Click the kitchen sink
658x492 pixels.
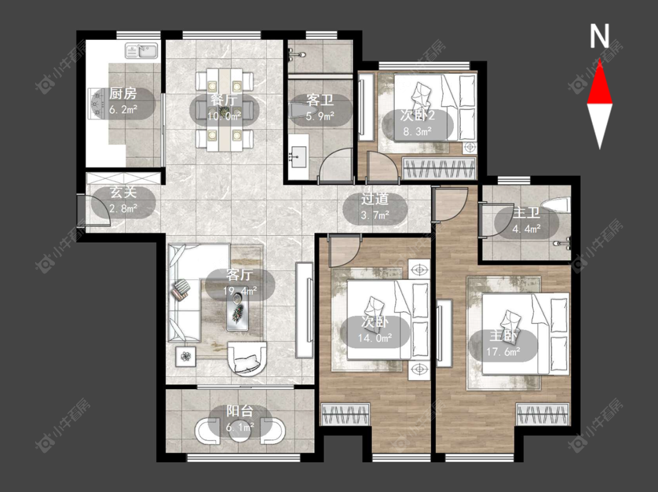142,51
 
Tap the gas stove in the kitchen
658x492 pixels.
98,102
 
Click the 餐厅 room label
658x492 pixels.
224,101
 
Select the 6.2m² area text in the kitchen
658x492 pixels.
123,110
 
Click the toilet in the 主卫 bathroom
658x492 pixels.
556,205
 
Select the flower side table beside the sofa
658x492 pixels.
185,356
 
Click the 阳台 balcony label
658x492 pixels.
240,411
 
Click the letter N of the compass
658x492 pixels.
600,36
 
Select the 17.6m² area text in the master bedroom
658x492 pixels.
504,352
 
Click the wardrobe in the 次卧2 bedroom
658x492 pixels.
439,168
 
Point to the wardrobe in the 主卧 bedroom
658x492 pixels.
543,414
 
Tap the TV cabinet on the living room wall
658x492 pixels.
304,310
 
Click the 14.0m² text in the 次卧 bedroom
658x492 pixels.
375,338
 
